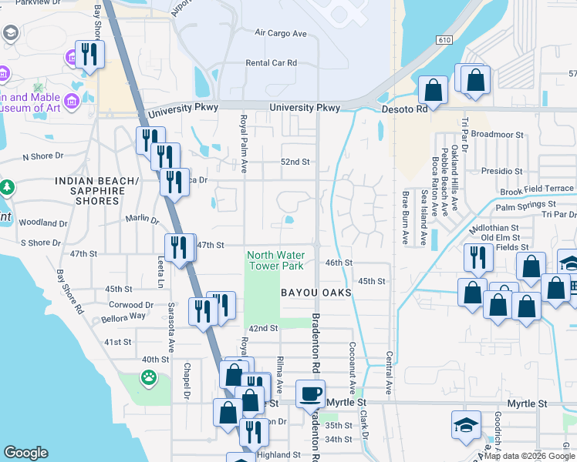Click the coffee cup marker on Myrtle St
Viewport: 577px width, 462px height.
pyautogui.click(x=311, y=393)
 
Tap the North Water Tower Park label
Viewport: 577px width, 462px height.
pyautogui.click(x=275, y=260)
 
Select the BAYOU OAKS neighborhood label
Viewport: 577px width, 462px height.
pyautogui.click(x=316, y=293)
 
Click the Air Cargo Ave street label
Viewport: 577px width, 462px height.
pyautogui.click(x=281, y=34)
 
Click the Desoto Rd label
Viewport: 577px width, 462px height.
pyautogui.click(x=405, y=110)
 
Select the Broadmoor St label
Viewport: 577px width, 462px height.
pyautogui.click(x=498, y=135)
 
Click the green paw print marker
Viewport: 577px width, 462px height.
pyautogui.click(x=148, y=377)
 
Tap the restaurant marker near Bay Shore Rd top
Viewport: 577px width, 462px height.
pyautogui.click(x=89, y=54)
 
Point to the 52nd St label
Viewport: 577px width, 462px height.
pyautogui.click(x=295, y=162)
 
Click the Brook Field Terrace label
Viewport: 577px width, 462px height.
pyautogui.click(x=537, y=189)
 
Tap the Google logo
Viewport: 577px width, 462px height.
pyautogui.click(x=26, y=453)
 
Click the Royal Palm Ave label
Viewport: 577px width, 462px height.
pyautogui.click(x=243, y=143)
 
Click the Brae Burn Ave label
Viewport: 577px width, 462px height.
pyautogui.click(x=403, y=219)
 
